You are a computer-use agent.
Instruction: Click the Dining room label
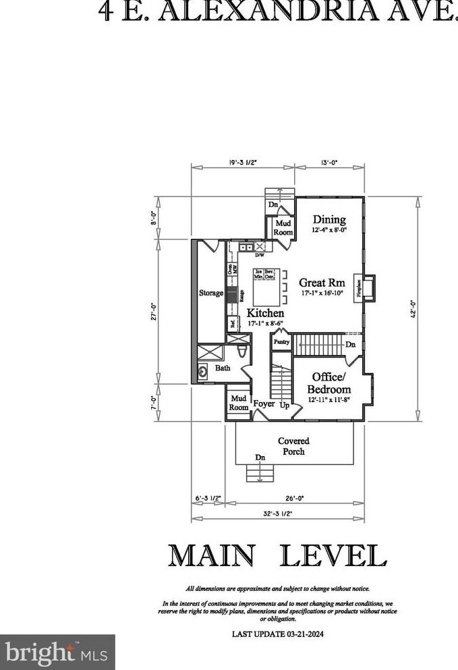pos(329,220)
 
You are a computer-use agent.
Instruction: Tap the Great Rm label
pos(322,283)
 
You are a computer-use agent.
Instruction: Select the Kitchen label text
pos(264,314)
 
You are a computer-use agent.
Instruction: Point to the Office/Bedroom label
pos(329,383)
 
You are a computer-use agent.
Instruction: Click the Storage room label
pos(210,294)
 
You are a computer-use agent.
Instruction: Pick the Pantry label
pos(281,343)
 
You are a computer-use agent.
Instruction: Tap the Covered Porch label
pos(293,446)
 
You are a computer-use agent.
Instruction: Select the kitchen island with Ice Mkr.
pos(266,286)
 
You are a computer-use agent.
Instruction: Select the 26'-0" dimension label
pos(295,499)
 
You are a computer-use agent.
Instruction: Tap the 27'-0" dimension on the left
pos(154,312)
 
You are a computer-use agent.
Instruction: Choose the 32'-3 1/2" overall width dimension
pos(278,514)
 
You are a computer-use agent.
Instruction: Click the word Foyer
pos(263,404)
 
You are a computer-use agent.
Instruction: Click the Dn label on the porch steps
pos(260,458)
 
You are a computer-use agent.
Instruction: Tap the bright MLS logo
pos(57,652)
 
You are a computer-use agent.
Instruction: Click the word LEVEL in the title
pos(333,555)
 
